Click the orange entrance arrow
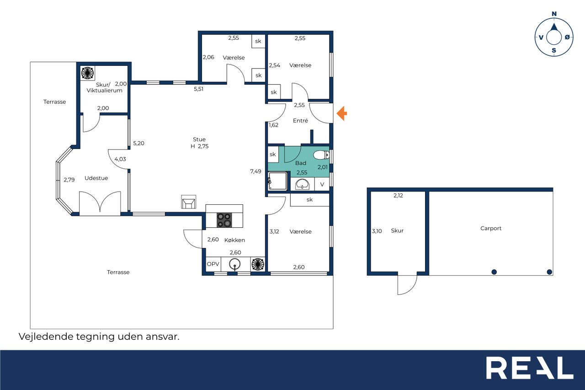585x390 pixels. (342, 113)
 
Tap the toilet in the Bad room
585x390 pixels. (321, 155)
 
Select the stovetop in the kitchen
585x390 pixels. (224, 220)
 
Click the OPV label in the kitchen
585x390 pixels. (213, 264)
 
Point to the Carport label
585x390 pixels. (491, 228)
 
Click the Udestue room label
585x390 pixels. (96, 178)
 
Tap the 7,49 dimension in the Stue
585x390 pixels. (255, 171)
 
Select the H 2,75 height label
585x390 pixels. (200, 146)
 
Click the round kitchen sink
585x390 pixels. (235, 264)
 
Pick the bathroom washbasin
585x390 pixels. (303, 184)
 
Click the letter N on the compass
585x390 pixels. (554, 14)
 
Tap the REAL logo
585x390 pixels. (530, 368)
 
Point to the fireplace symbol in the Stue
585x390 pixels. (189, 202)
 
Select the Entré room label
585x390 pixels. (300, 121)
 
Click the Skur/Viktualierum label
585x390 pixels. (104, 87)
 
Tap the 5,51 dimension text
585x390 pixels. (198, 89)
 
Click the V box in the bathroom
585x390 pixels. (322, 184)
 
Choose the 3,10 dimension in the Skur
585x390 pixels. (377, 231)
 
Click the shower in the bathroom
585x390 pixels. (277, 181)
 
